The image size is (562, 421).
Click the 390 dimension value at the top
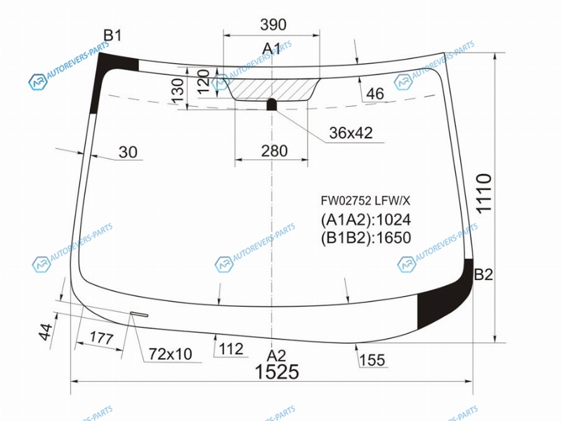[273, 25]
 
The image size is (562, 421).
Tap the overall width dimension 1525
[277, 371]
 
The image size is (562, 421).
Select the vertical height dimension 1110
[483, 194]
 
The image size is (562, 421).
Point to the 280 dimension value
[274, 151]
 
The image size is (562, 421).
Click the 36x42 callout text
[351, 133]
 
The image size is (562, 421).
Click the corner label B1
[112, 36]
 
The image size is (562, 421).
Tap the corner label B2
[483, 274]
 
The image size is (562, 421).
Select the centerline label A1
[272, 48]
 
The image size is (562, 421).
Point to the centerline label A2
[276, 356]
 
